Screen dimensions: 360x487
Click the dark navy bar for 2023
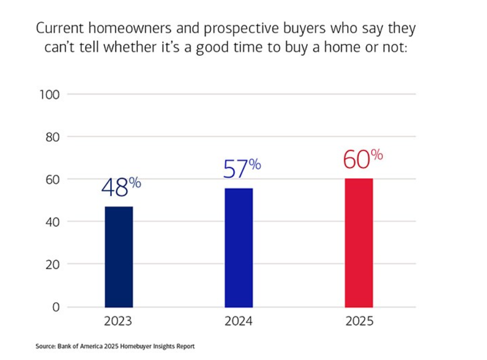pos(118,256)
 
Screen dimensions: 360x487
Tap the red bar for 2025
pos(359,243)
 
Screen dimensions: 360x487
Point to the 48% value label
pos(121,187)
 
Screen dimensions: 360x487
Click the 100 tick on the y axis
pos(49,94)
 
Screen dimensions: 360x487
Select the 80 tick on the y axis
pos(52,137)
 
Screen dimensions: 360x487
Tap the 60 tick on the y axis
pos(52,179)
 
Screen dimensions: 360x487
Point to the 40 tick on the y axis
pos(52,222)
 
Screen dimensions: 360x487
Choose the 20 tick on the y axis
pos(52,265)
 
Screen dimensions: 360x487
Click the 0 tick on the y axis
pos(56,307)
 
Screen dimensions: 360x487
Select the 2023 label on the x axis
pos(118,321)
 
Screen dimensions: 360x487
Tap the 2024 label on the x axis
pos(239,321)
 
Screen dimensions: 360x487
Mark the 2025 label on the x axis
pos(359,321)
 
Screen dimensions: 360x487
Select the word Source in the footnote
pos(44,346)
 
